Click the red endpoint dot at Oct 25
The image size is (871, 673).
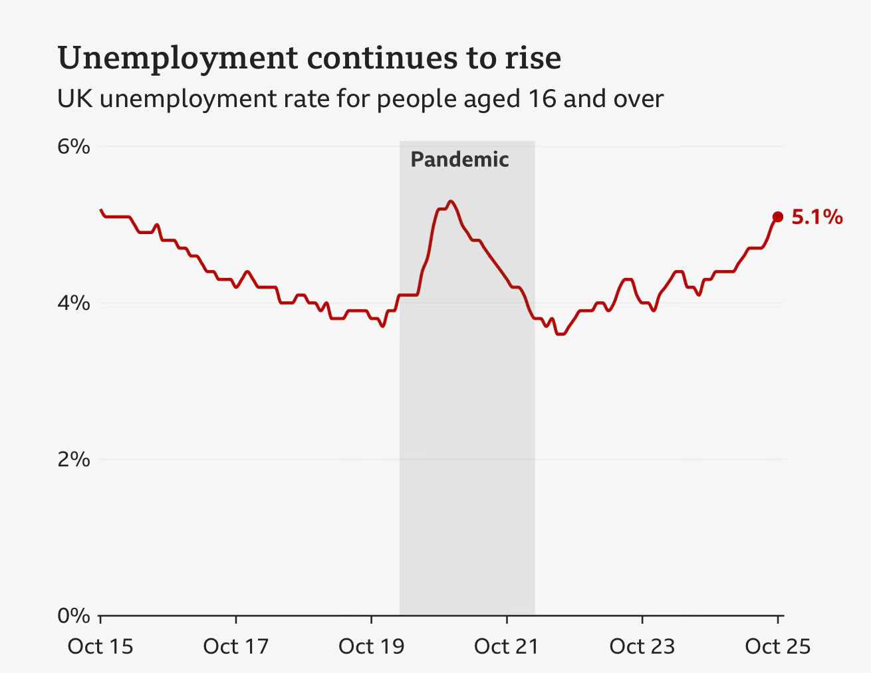pyautogui.click(x=777, y=217)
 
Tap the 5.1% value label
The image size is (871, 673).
pyautogui.click(x=817, y=217)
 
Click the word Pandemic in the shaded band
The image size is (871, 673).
pyautogui.click(x=459, y=160)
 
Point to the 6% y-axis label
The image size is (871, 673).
pyautogui.click(x=73, y=146)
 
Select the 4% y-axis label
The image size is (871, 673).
pyautogui.click(x=73, y=303)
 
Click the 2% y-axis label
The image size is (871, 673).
pyautogui.click(x=73, y=460)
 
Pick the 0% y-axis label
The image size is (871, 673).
pyautogui.click(x=73, y=616)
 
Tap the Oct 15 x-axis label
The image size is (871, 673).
pyautogui.click(x=100, y=646)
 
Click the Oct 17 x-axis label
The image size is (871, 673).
pyautogui.click(x=236, y=646)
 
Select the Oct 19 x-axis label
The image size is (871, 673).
pyautogui.click(x=371, y=646)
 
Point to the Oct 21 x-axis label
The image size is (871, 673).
pyautogui.click(x=507, y=646)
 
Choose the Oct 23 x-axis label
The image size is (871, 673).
pyautogui.click(x=642, y=646)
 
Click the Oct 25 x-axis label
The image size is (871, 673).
pyautogui.click(x=778, y=646)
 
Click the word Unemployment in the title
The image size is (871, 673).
pyautogui.click(x=178, y=59)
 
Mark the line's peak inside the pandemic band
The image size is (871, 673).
pyautogui.click(x=451, y=201)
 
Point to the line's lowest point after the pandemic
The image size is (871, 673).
pyautogui.click(x=560, y=334)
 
